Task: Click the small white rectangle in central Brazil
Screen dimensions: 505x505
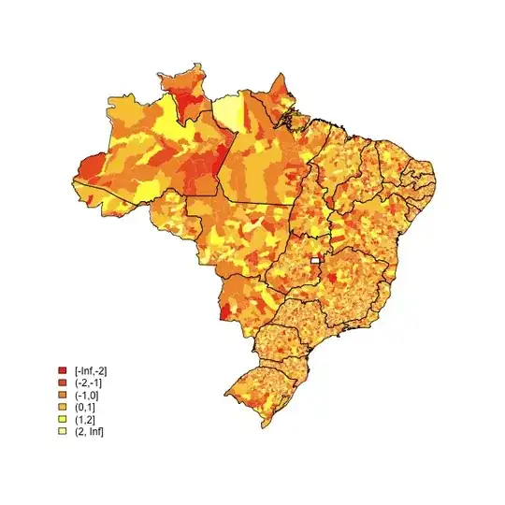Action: point(316,259)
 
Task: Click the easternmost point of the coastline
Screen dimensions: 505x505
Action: point(437,176)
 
